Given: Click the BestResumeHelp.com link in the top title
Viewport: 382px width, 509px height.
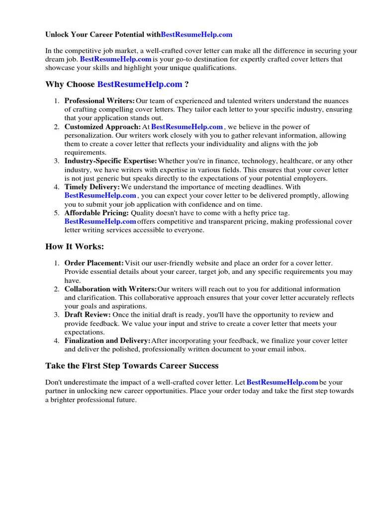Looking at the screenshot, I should [196, 35].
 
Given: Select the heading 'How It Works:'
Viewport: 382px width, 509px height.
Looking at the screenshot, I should [75, 247].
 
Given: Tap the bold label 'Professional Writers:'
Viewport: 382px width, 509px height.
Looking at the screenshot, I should [99, 101].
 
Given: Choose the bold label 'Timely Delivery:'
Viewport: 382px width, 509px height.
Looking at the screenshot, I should [93, 187].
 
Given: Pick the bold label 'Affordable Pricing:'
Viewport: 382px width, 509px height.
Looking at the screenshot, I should [96, 213].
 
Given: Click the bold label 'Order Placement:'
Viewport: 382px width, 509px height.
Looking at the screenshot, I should [94, 263].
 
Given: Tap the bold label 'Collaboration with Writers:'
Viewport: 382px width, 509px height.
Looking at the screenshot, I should [110, 289].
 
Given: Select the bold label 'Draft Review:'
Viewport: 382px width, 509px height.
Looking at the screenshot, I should [88, 315].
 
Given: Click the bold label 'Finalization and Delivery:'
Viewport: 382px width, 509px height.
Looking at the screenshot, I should [107, 340].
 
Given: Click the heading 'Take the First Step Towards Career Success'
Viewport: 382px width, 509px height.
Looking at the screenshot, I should [132, 366].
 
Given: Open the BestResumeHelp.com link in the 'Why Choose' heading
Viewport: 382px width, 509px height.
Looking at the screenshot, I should [140, 85].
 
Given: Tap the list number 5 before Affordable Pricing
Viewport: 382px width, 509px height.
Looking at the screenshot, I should [57, 213].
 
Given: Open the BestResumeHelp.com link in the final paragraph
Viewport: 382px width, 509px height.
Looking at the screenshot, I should [282, 382].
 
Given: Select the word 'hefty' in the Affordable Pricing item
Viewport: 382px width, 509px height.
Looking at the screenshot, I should [254, 213].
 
